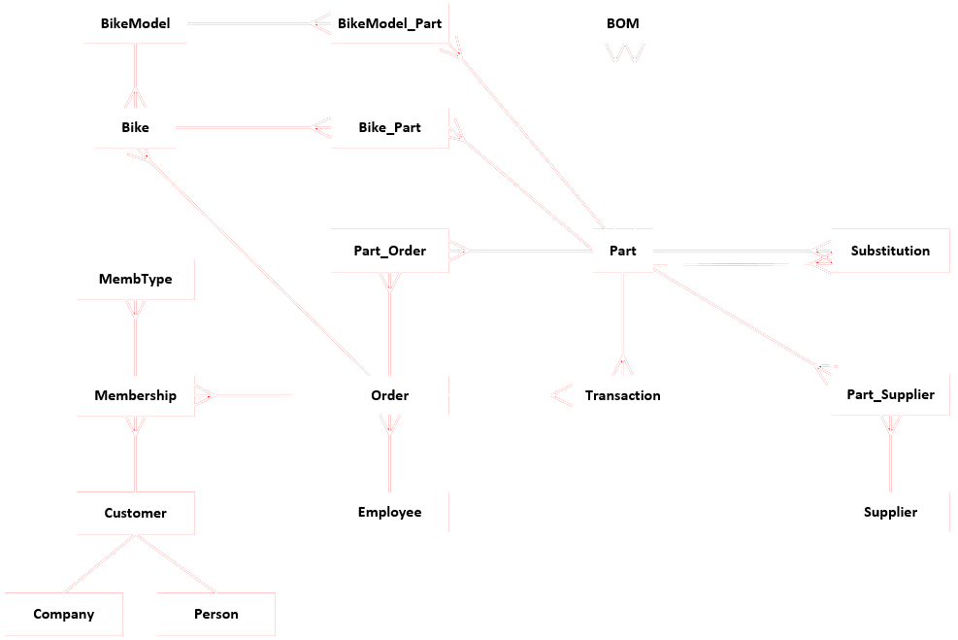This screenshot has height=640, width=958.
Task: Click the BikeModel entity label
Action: (x=135, y=23)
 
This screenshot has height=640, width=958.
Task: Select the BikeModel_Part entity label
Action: (x=389, y=23)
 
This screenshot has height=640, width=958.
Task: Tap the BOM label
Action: (x=622, y=23)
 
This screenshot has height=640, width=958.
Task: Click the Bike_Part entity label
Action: (x=389, y=127)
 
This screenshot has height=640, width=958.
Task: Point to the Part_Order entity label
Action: (x=389, y=251)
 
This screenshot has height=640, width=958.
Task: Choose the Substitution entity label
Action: (x=890, y=251)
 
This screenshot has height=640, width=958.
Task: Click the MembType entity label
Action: (x=135, y=279)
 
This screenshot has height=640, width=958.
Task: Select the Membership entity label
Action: (x=135, y=395)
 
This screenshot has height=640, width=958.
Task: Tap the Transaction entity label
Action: (x=622, y=395)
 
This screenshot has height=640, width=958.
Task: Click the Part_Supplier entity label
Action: (x=890, y=394)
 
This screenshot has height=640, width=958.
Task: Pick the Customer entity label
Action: (x=135, y=513)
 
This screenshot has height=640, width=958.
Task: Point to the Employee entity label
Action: (x=389, y=512)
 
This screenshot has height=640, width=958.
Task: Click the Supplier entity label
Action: (x=890, y=512)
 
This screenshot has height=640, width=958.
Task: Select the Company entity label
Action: (x=63, y=614)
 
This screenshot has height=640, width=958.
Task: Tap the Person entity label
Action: (x=215, y=614)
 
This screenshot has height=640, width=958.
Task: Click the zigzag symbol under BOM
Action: (x=622, y=55)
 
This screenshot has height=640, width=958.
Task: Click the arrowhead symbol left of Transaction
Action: (x=560, y=395)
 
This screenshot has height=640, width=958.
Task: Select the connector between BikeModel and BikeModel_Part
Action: (x=252, y=23)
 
